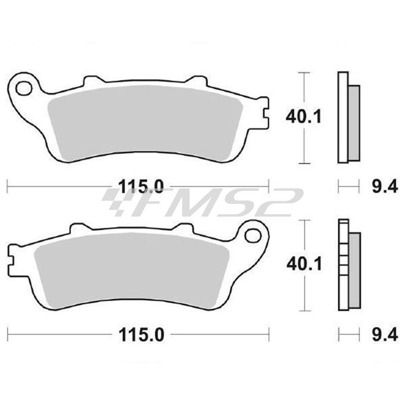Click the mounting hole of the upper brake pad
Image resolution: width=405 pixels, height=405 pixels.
coord(24,89)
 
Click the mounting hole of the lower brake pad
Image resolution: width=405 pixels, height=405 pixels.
coord(253,235)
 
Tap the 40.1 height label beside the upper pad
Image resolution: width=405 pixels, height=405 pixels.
coord(303,117)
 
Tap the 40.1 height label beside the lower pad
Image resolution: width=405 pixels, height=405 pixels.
coord(304,264)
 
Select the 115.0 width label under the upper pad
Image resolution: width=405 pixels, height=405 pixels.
coord(141,186)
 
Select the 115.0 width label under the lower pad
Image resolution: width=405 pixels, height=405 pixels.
coord(141,335)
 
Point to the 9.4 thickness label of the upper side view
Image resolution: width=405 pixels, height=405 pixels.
coord(385,186)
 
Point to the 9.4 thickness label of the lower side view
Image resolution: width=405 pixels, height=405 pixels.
coord(385,335)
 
